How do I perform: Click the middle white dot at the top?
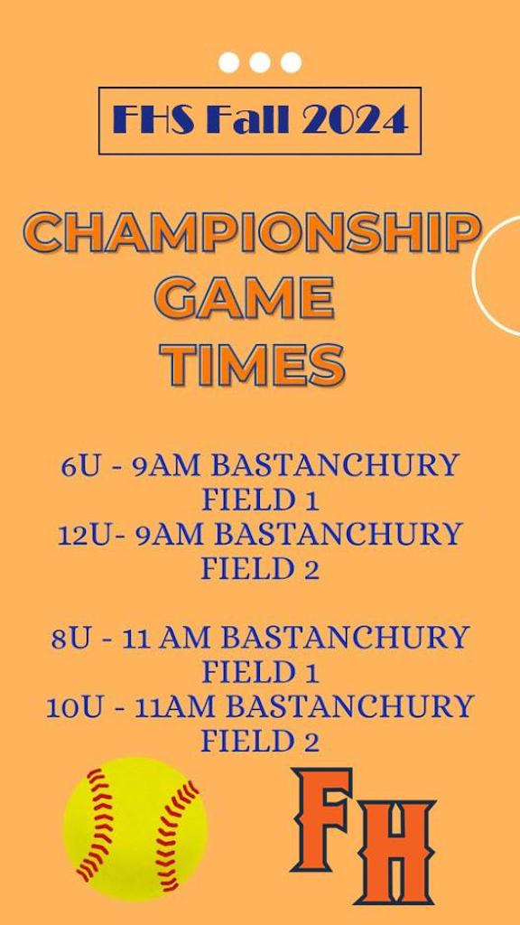pos(259,62)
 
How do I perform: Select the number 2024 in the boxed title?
pos(354,120)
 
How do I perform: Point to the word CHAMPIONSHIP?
pos(254,233)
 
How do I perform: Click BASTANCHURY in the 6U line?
pos(335,467)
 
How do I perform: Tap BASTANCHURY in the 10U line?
pos(350,706)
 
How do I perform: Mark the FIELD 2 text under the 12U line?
pos(260,569)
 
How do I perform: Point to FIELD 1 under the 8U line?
pos(260,672)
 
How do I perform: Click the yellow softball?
pos(135,829)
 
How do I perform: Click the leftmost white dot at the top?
pos(228,62)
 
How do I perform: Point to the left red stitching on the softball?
pos(94,826)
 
